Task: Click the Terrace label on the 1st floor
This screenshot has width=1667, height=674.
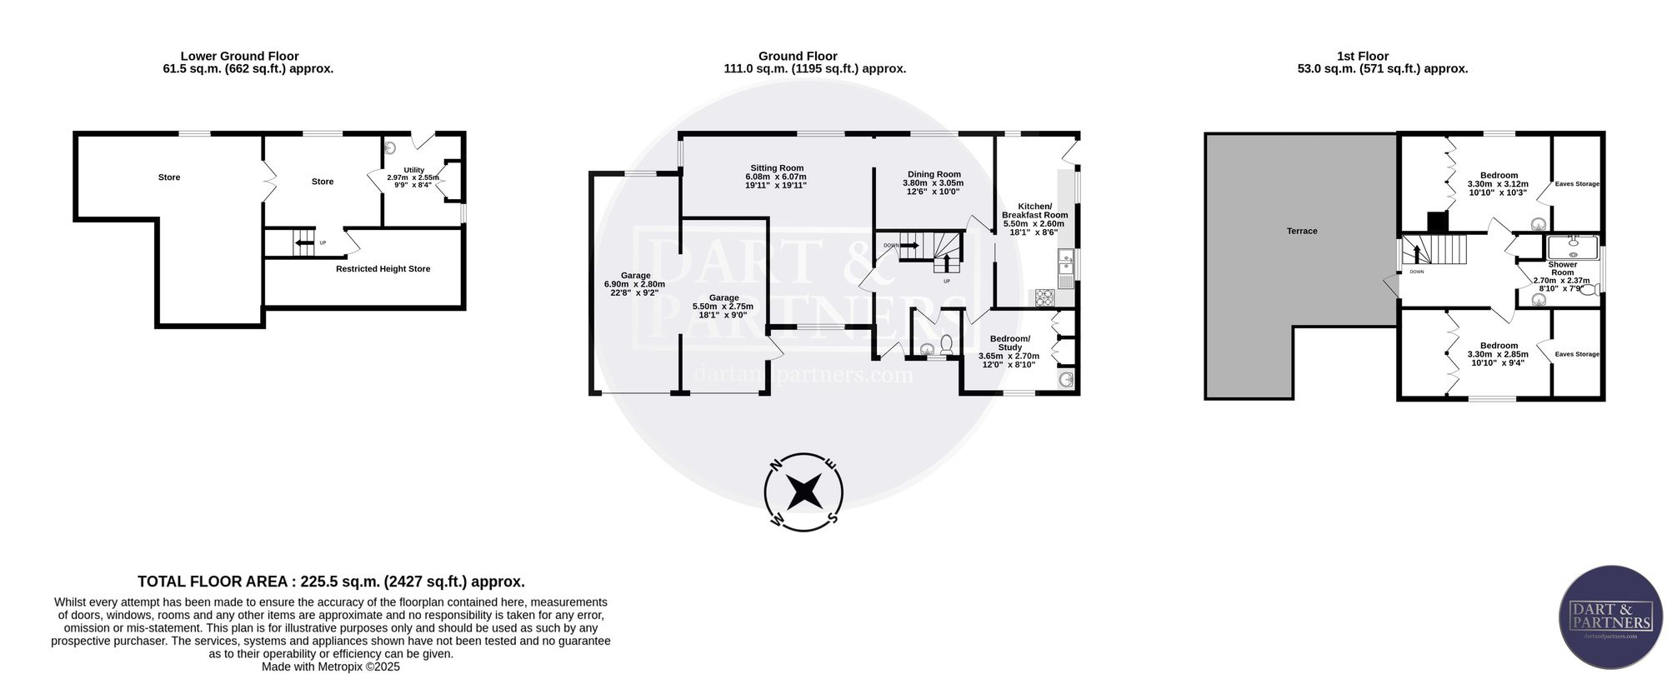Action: [1302, 231]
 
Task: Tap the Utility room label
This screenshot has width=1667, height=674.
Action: [414, 170]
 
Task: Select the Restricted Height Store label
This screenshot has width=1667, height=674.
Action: [383, 269]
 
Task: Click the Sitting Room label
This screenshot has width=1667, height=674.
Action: [776, 168]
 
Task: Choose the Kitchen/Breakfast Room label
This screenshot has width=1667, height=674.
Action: [1034, 211]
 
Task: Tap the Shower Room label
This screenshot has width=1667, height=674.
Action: [1562, 268]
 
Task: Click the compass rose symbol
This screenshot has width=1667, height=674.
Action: [803, 492]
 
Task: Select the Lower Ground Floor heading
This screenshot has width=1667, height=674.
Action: [240, 57]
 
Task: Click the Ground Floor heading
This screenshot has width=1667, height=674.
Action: [798, 57]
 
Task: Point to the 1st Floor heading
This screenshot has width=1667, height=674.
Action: [1363, 57]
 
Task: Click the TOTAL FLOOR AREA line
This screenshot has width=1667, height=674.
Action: [331, 582]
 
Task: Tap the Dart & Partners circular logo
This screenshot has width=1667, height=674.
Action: [1610, 617]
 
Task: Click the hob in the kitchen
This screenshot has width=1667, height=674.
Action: [1045, 297]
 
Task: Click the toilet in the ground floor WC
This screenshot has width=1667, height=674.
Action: [946, 345]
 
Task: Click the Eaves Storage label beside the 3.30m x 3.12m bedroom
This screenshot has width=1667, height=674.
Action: [1577, 184]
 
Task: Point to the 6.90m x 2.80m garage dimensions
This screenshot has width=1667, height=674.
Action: [634, 284]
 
